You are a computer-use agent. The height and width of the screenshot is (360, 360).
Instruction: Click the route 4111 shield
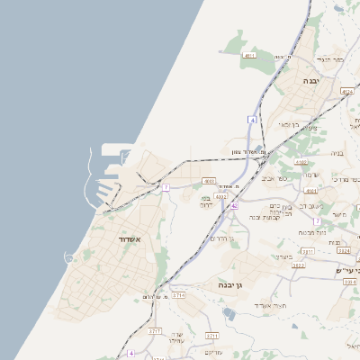pyautogui.click(x=249, y=57)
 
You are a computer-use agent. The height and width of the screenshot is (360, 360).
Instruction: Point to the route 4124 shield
pyautogui.click(x=346, y=92)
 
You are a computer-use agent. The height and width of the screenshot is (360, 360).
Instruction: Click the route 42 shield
pyautogui.click(x=234, y=206)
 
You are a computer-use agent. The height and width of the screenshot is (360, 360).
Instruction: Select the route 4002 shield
pyautogui.click(x=221, y=194)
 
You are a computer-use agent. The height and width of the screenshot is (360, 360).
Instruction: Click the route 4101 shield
pyautogui.click(x=311, y=191)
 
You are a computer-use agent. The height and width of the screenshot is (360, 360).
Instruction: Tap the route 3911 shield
pyautogui.click(x=308, y=252)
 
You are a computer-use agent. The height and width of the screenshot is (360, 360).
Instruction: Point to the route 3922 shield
pyautogui.click(x=299, y=265)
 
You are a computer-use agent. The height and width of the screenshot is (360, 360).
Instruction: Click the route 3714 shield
pyautogui.click(x=179, y=295)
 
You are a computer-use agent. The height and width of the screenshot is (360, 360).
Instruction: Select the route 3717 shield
pyautogui.click(x=154, y=331)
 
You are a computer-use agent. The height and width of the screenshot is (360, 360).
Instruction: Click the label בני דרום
pyautogui.click(x=203, y=201)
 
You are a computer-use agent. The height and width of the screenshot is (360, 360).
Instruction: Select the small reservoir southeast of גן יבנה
pyautogui.click(x=229, y=313)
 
